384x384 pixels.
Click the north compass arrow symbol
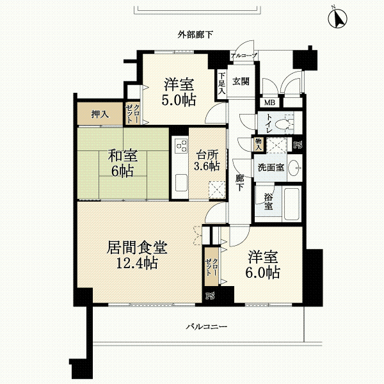click(337, 19)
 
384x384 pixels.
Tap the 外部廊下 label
click(195, 35)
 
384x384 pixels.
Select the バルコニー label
click(207, 326)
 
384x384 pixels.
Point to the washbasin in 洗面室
click(295, 168)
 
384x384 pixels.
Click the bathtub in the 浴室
click(292, 204)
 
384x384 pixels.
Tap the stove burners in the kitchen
click(180, 146)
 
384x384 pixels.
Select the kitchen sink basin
click(181, 182)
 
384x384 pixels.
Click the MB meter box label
click(269, 102)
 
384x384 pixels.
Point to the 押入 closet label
click(100, 114)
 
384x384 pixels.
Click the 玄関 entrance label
click(241, 81)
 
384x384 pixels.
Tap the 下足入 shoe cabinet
click(221, 84)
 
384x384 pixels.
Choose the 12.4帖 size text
click(137, 263)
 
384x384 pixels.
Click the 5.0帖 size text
click(179, 100)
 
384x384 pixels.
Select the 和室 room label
click(123, 156)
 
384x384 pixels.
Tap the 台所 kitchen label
click(207, 155)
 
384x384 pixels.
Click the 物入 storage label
click(259, 144)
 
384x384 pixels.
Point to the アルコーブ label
click(244, 56)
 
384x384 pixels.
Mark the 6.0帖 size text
click(263, 273)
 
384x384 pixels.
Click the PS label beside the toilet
click(298, 145)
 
